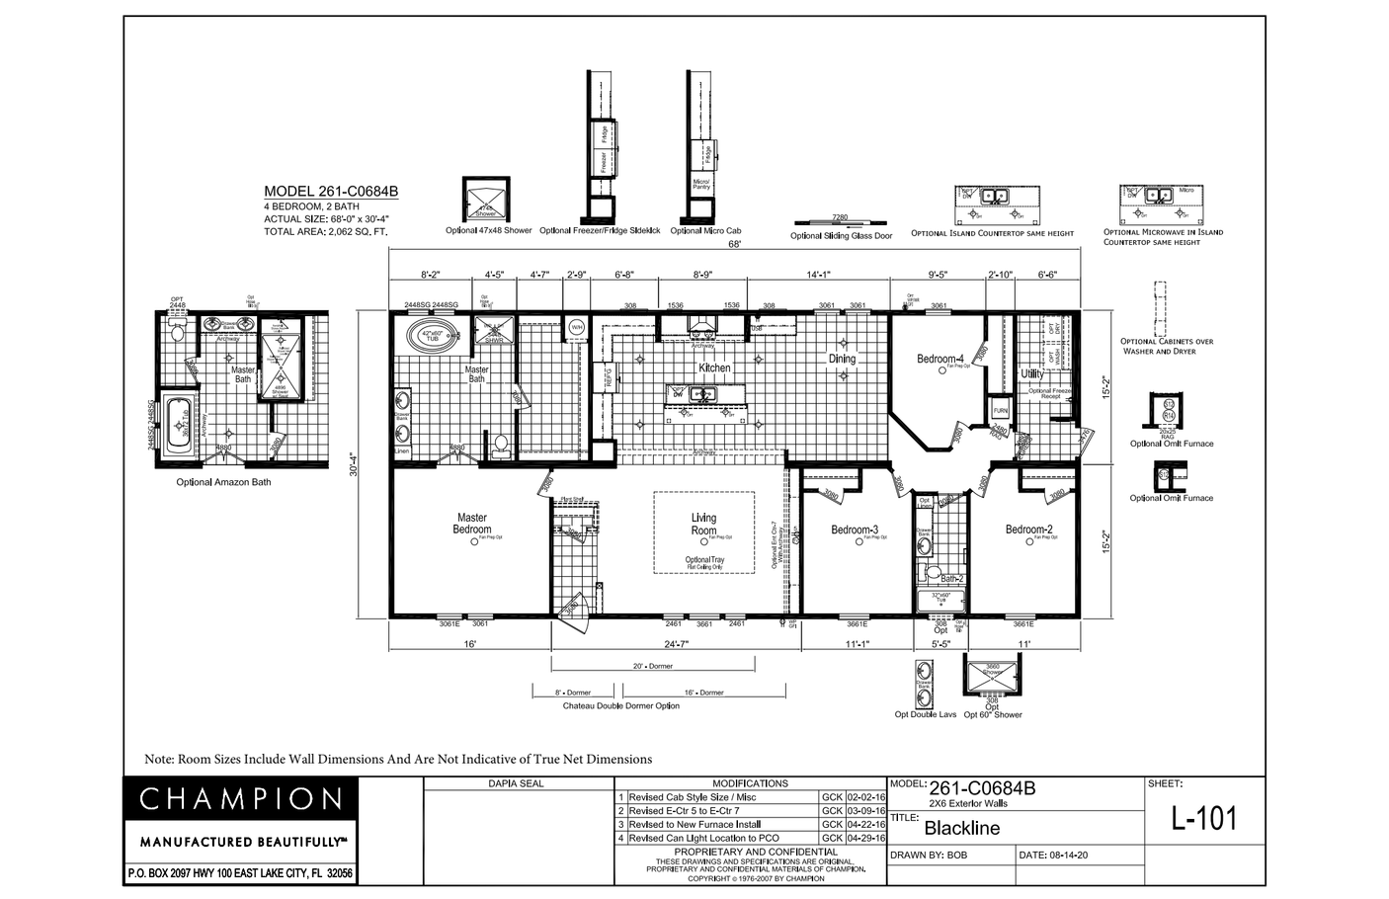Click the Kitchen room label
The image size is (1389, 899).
(714, 368)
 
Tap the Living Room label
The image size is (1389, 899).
(703, 524)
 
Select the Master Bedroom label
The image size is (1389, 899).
(471, 524)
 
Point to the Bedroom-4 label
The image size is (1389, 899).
(940, 359)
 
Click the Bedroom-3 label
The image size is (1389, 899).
(855, 530)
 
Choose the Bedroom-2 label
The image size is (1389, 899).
(1028, 530)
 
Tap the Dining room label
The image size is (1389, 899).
(842, 359)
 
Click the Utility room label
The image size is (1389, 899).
(1031, 374)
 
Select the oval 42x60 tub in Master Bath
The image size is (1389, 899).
(432, 335)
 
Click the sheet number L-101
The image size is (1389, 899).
(1203, 818)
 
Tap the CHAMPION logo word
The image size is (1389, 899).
(240, 798)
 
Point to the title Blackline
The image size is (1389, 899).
(961, 828)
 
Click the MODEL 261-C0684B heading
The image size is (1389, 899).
(331, 192)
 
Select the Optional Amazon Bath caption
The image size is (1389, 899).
(223, 482)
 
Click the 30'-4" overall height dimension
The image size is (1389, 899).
(354, 465)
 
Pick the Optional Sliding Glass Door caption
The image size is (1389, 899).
(841, 236)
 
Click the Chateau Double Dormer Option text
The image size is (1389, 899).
(620, 705)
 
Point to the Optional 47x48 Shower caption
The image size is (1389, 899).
(488, 230)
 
